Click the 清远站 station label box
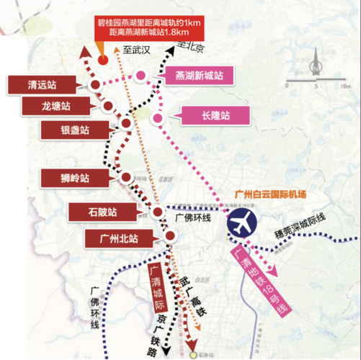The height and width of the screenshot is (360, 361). pyautogui.click(x=31, y=84)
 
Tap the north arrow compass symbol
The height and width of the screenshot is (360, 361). pyautogui.click(x=313, y=71)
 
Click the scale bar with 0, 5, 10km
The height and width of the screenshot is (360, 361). pyautogui.click(x=313, y=84)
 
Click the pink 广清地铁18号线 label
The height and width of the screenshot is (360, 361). pyautogui.click(x=261, y=282)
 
